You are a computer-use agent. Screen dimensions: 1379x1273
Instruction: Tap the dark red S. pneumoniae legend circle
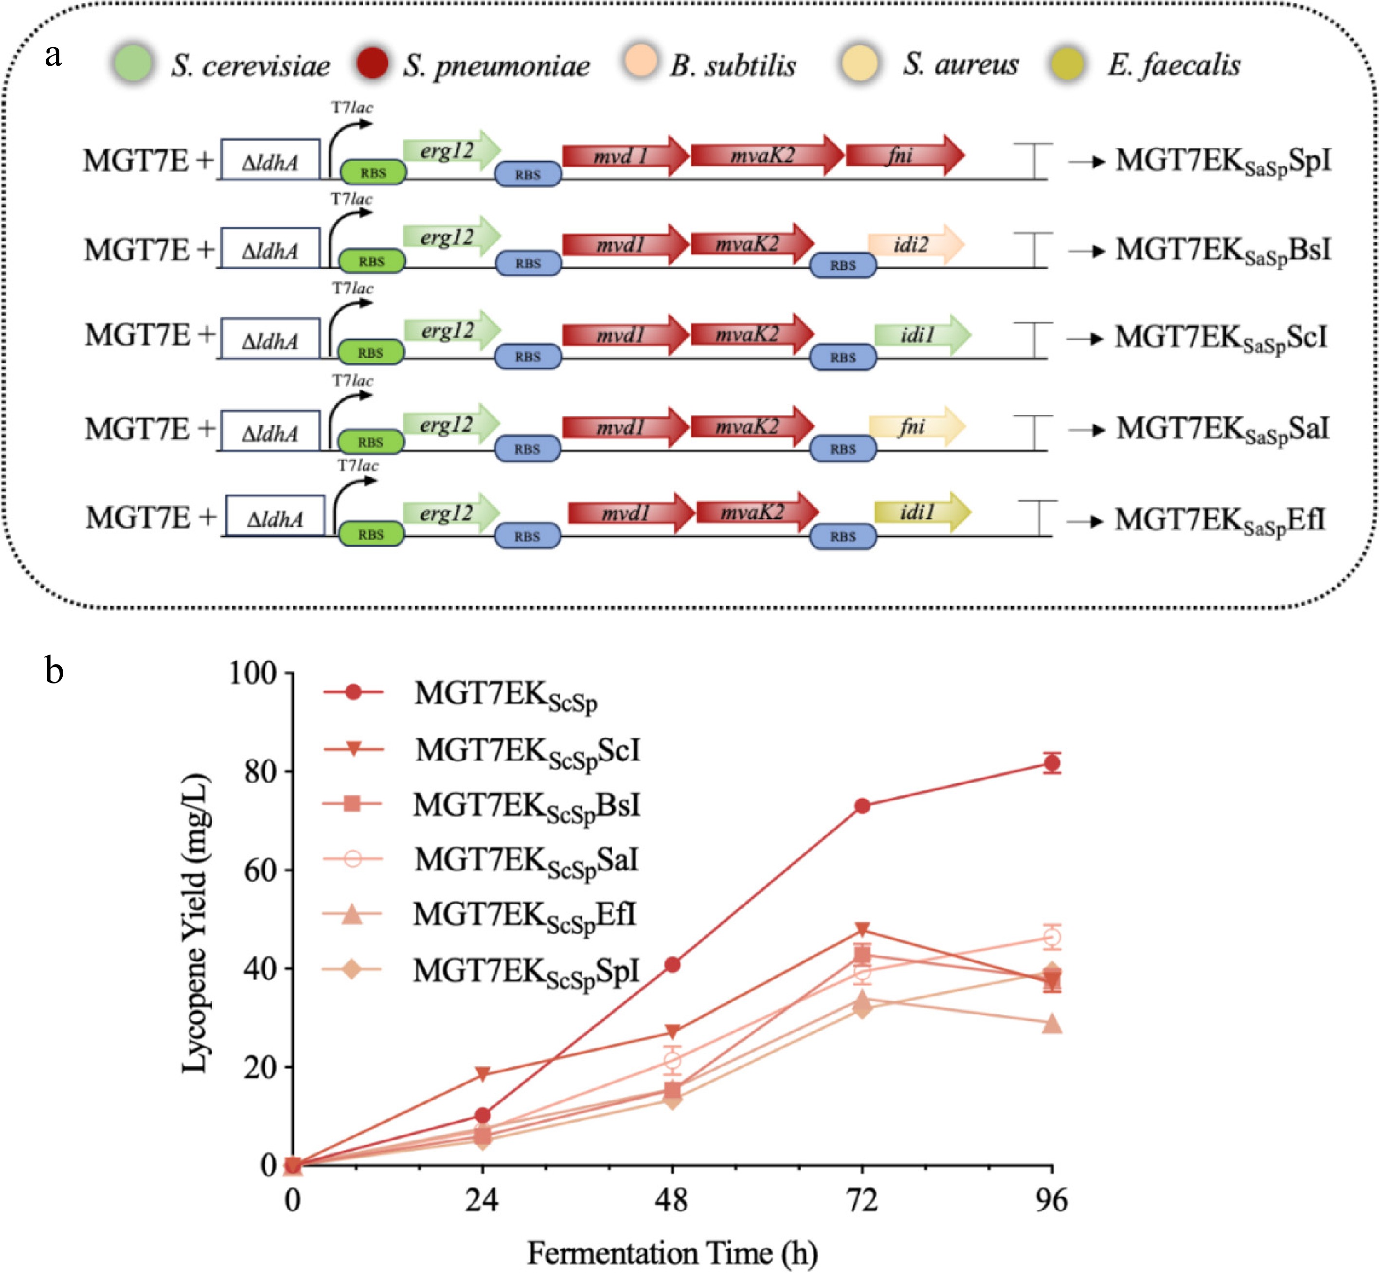tap(372, 63)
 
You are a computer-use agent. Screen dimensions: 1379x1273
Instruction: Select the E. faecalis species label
tap(1174, 65)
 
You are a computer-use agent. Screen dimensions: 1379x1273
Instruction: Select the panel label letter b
tap(54, 669)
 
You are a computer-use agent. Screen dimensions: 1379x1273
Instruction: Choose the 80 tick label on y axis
tap(260, 772)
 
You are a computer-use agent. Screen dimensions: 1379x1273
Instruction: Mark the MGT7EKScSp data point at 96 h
tap(1051, 763)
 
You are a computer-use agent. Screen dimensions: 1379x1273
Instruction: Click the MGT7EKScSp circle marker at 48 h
tap(672, 965)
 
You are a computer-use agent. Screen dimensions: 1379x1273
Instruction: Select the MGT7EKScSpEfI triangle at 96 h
tap(1051, 1023)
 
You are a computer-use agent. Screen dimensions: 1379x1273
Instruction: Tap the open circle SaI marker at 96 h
tap(1051, 937)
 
